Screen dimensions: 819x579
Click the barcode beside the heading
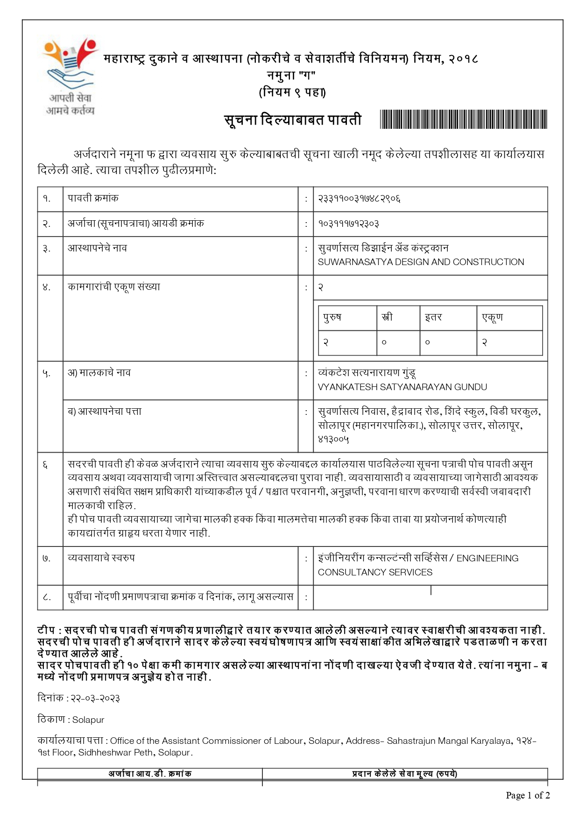click(x=463, y=119)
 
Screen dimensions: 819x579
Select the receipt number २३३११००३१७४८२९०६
click(x=359, y=199)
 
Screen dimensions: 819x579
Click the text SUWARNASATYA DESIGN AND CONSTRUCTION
click(x=420, y=262)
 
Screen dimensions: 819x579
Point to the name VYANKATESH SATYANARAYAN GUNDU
click(x=402, y=387)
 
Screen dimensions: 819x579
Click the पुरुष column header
click(x=332, y=317)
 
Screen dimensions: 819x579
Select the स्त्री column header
click(x=387, y=317)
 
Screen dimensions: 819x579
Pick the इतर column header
click(x=433, y=317)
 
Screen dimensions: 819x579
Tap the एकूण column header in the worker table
click(x=492, y=317)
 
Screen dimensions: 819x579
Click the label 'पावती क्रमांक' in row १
click(x=93, y=198)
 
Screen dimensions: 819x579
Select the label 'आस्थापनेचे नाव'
click(x=97, y=248)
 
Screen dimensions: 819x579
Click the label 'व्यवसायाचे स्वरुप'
click(x=101, y=558)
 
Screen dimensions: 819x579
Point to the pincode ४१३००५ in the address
click(x=333, y=439)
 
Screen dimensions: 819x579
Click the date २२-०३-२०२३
click(x=95, y=699)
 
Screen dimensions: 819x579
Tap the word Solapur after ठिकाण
click(x=88, y=720)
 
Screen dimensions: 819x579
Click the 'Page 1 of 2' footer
click(x=528, y=795)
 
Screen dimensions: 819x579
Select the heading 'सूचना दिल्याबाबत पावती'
click(x=293, y=120)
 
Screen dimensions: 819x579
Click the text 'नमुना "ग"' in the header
click(x=291, y=75)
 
